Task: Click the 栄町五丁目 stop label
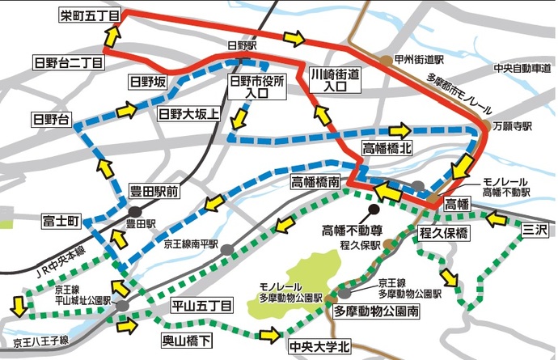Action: tap(89, 15)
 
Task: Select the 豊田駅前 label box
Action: tap(153, 193)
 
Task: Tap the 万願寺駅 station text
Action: tap(514, 127)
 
